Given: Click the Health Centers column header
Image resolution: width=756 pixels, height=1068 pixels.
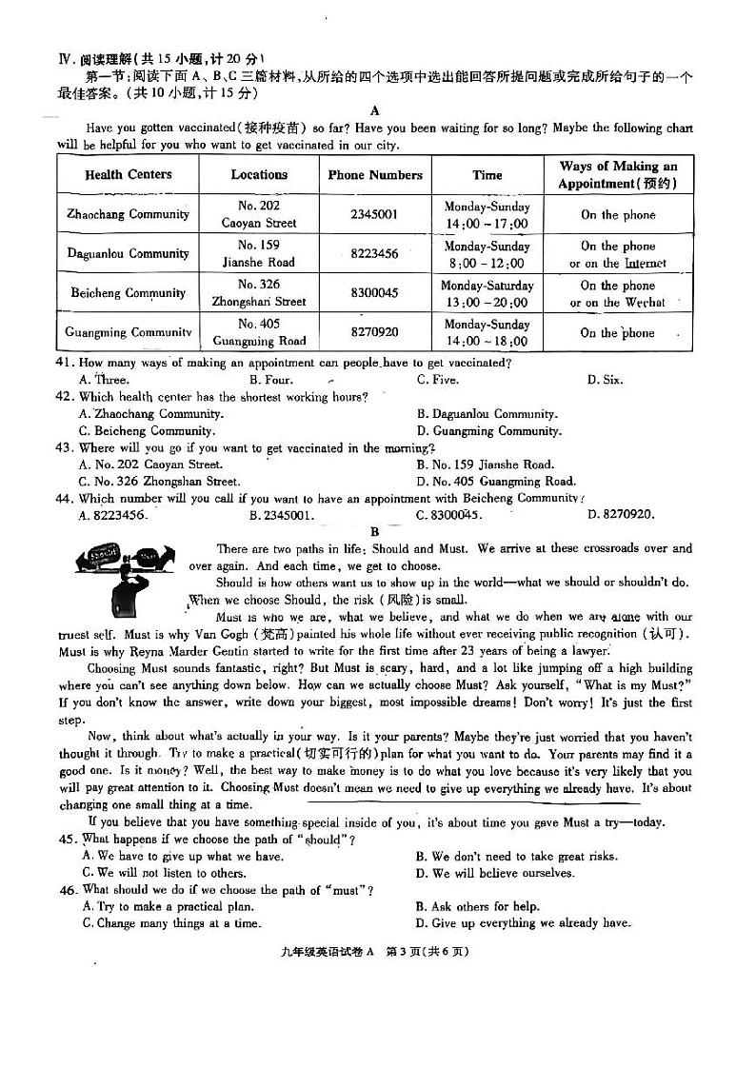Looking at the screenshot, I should (x=129, y=174).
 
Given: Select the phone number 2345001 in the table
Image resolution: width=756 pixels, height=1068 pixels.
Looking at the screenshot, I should (x=375, y=214).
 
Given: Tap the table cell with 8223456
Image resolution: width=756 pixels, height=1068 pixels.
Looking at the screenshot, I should (x=375, y=254).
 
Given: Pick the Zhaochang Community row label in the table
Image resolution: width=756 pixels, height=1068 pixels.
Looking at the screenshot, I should (x=129, y=214).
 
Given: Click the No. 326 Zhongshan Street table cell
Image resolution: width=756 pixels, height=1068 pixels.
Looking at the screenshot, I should (x=259, y=293).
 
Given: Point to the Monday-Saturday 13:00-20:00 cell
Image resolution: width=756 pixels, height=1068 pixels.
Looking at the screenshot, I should (x=487, y=293).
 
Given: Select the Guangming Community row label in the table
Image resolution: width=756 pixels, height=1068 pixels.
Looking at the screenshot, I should (x=129, y=332).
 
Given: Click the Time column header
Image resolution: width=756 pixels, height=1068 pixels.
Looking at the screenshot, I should (x=487, y=174).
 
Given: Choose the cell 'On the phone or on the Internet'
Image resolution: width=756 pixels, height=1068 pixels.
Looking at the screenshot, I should (x=618, y=254).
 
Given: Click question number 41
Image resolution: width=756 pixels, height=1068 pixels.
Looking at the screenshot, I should (x=65, y=363).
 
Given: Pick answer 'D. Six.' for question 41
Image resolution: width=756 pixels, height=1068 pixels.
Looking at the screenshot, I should (x=605, y=380).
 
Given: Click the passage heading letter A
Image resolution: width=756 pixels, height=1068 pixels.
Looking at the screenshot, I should (x=375, y=110).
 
